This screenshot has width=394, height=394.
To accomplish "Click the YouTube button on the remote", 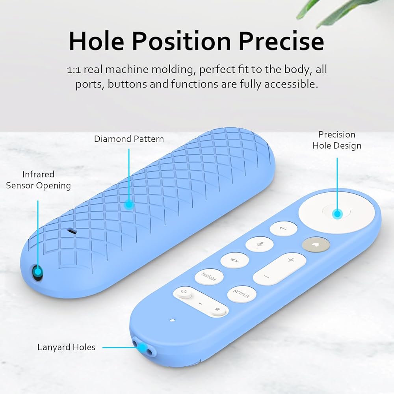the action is pos(208,277).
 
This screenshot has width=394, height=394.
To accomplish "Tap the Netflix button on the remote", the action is pos(242,294).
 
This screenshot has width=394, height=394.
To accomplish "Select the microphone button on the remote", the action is pos(259,244).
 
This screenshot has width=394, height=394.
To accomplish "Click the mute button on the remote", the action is pos(234,260).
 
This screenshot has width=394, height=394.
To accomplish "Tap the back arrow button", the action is pos(283,228).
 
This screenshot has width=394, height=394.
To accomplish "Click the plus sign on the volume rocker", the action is pos(291,260).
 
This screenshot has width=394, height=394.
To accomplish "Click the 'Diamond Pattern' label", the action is pos(129,139).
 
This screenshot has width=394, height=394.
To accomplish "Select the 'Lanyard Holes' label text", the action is pos(66,347).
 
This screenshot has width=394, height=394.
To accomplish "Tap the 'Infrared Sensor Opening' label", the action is pos(38,180).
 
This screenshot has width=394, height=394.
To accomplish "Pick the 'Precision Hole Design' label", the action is pos(337,140).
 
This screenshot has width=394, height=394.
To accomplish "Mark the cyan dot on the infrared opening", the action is pos(37,271).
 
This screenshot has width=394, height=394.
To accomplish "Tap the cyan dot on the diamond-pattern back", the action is pos(128,204).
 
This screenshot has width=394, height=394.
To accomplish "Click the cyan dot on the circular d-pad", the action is pos(337,214).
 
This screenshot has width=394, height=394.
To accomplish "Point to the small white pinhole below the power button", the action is pos(172,320).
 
